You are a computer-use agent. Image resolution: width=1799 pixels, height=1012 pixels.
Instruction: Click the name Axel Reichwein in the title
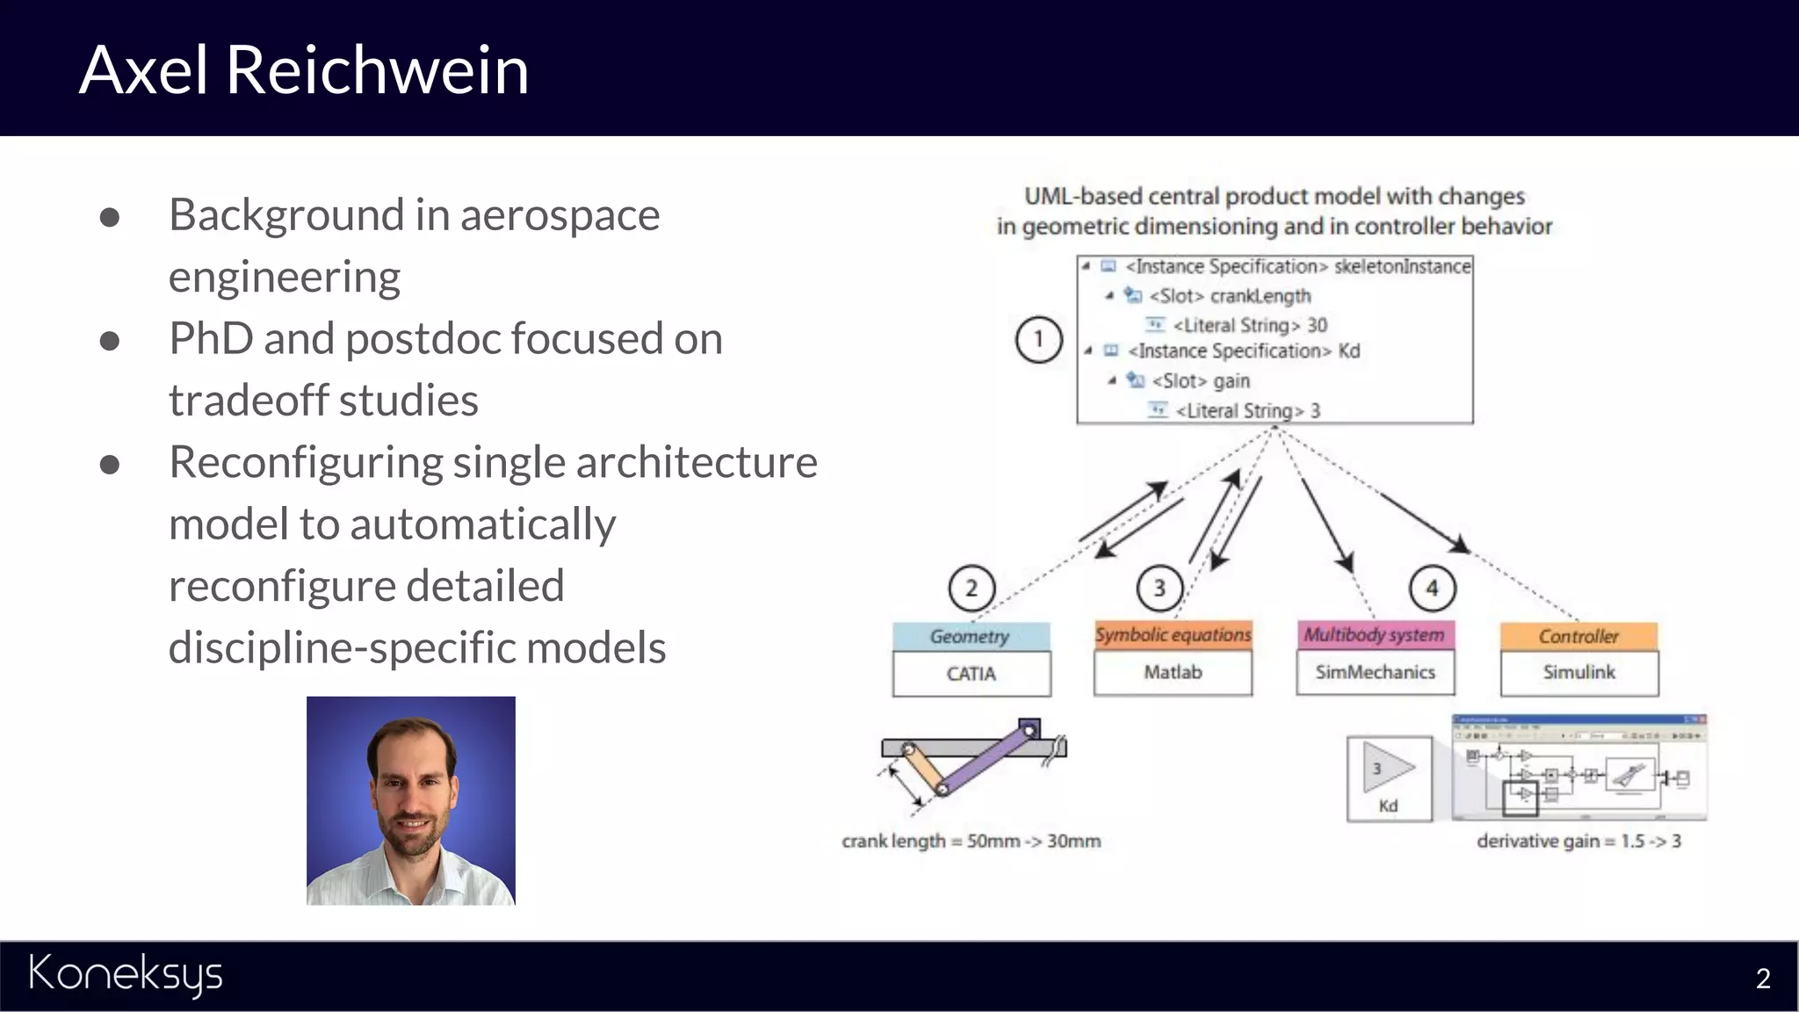pos(304,69)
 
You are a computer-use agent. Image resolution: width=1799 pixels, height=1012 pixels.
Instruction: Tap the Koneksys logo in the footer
pos(126,973)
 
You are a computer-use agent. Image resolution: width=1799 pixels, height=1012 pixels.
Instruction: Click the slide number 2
pos(1762,979)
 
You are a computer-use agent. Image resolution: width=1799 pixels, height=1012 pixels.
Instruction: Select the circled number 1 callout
pos(1039,339)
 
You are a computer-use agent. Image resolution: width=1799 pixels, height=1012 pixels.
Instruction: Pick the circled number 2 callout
pos(972,588)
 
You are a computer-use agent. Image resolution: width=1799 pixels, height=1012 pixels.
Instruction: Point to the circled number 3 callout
pos(1160,588)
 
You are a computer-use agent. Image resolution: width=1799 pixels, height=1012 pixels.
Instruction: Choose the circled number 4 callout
pos(1432,588)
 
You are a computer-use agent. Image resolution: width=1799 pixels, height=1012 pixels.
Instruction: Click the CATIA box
pos(972,674)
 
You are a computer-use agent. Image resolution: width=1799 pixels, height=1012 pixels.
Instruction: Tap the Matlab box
pos(1173,672)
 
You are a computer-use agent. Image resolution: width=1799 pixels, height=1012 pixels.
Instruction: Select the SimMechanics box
pos(1375,672)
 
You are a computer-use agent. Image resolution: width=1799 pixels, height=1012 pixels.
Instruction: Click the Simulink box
pos(1579,672)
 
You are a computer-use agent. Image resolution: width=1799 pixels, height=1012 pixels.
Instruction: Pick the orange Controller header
pos(1579,636)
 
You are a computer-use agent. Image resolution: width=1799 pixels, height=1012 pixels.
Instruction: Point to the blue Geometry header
pos(971,636)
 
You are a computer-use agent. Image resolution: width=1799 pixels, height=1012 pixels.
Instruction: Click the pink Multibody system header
pos(1375,634)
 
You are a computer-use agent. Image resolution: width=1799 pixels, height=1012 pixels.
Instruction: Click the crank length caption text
pos(971,841)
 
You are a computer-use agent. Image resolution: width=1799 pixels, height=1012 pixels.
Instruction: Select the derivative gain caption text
pos(1579,841)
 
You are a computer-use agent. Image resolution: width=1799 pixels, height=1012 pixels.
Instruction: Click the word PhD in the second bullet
pos(210,339)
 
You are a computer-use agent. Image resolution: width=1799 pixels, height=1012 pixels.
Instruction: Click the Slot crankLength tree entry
pos(1229,296)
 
